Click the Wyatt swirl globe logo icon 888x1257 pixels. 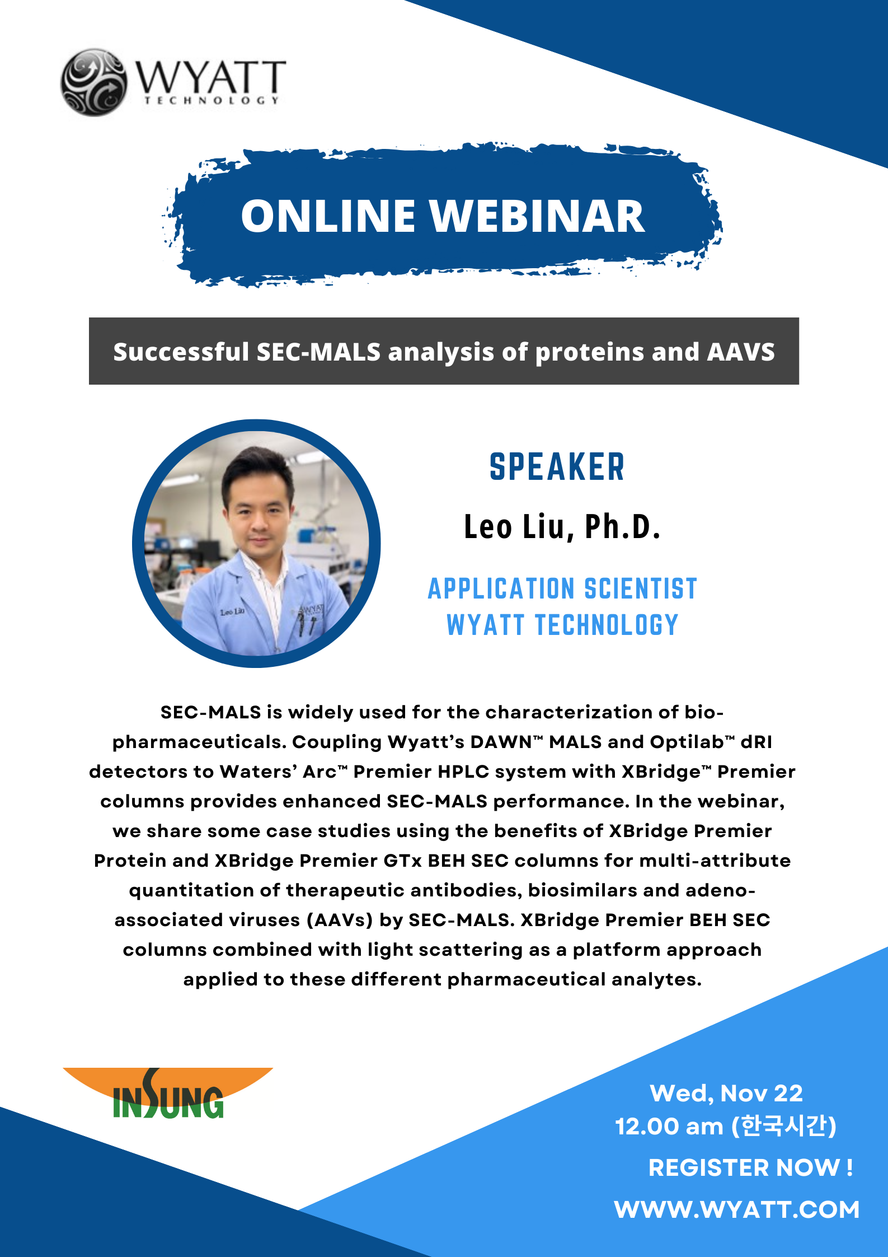(93, 82)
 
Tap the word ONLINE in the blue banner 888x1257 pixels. (328, 216)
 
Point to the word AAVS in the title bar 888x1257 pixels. (741, 352)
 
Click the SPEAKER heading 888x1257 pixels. (557, 467)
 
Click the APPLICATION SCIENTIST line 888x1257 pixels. (562, 588)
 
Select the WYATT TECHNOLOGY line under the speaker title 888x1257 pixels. (562, 625)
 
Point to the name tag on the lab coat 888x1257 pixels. (232, 612)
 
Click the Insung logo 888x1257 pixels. (168, 1093)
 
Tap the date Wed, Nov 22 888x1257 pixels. (726, 1093)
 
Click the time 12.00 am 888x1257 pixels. (669, 1127)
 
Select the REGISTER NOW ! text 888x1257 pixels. (750, 1167)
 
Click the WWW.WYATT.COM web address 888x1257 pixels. (736, 1209)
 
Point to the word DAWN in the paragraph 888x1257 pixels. (501, 742)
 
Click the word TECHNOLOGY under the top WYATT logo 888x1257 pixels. (212, 100)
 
